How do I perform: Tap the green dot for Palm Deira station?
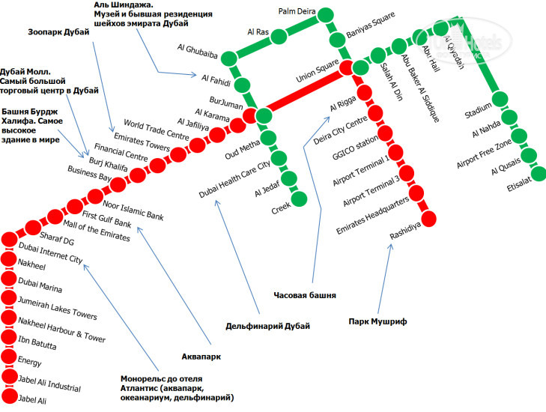pos(324,16)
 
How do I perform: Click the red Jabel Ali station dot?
pos(9,396)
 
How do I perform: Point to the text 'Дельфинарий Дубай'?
pos(267,325)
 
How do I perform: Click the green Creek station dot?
pos(300,198)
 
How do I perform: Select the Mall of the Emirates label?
pos(97,229)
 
